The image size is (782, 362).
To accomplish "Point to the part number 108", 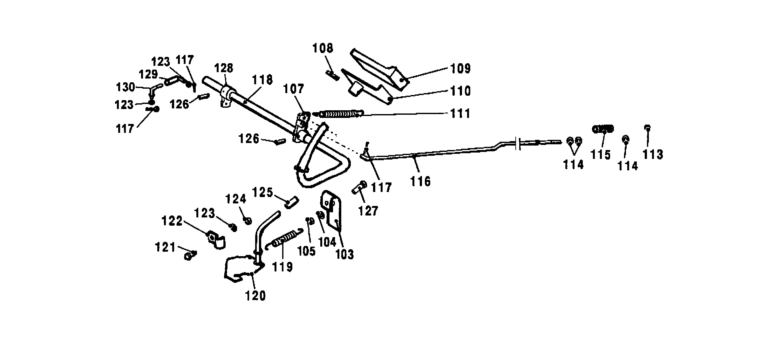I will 323,48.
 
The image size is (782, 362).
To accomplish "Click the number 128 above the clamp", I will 223,68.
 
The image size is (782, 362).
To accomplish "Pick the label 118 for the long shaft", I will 263,80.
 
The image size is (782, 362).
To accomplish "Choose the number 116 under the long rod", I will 420,181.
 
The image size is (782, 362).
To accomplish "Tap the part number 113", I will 653,154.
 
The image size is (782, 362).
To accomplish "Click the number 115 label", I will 601,155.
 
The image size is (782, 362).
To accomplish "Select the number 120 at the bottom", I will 255,296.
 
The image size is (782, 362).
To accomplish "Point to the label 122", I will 172,221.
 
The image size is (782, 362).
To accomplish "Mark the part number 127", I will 368,211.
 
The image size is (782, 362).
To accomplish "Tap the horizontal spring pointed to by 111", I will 339,113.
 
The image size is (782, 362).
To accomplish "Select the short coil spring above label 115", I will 603,129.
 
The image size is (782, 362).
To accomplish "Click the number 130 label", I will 126,87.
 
